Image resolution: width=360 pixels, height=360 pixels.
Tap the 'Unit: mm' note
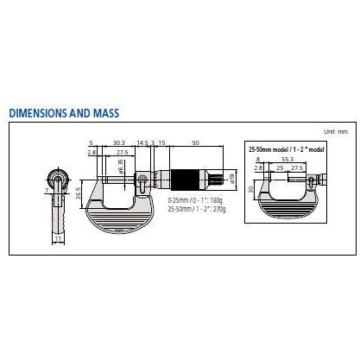pos(335,130)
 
